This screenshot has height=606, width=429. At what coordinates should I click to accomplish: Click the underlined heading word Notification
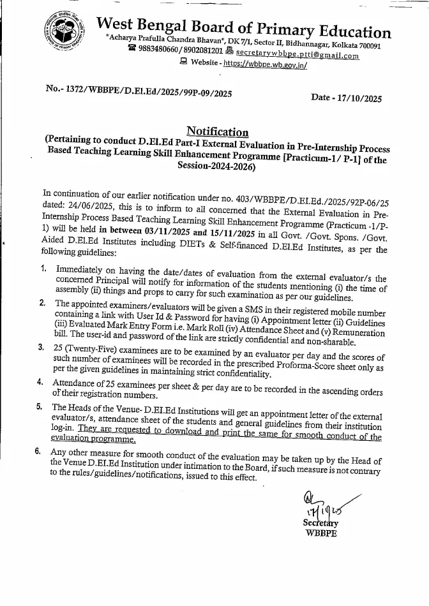pyautogui.click(x=217, y=131)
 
